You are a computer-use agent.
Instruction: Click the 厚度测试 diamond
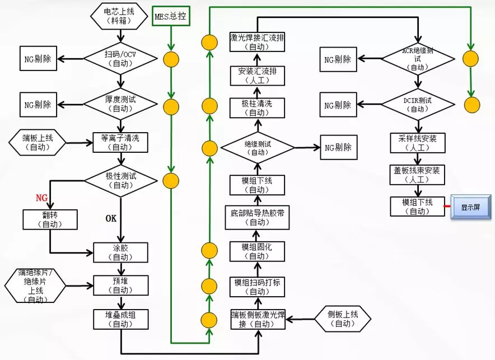tap(120, 104)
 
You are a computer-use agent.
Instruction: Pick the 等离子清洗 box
tap(120, 143)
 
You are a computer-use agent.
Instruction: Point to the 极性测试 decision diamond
tap(120, 180)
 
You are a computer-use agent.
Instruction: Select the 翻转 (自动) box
tap(50, 219)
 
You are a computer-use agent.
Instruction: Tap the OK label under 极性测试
tap(111, 218)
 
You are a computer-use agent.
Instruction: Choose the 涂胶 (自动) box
tap(120, 253)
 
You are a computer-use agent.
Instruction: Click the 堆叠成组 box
tap(120, 319)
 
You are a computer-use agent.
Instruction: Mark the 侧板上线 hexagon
tap(343, 319)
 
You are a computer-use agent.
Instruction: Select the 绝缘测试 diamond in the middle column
tap(257, 148)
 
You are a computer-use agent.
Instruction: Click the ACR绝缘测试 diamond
tap(418, 59)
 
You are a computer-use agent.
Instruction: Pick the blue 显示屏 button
tap(470, 207)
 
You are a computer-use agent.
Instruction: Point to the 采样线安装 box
tap(418, 143)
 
